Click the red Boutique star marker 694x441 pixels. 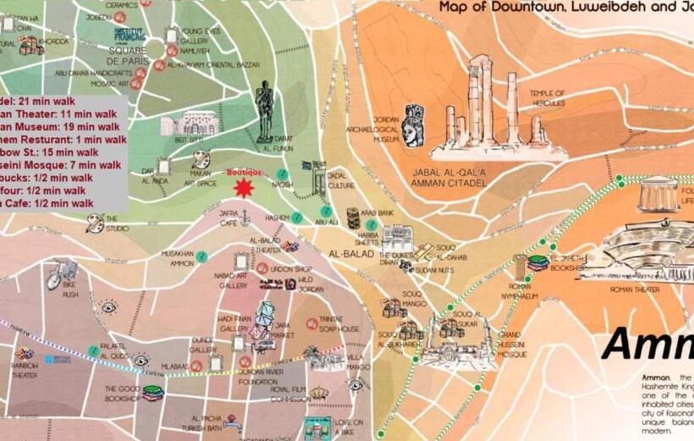click(x=244, y=186)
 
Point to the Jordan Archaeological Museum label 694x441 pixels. click(x=385, y=130)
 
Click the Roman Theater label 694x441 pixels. click(x=636, y=289)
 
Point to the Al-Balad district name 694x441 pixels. click(x=345, y=253)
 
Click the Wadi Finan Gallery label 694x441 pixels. click(x=234, y=323)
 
